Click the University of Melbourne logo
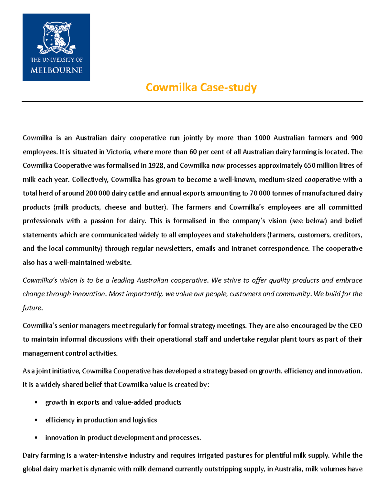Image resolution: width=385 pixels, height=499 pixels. (56, 47)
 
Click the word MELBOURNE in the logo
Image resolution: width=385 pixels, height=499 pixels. (56, 70)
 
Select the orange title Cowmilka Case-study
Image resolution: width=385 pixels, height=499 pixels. (201, 87)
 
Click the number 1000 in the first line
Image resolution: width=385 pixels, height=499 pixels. (262, 138)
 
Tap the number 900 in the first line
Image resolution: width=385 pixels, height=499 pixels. (356, 138)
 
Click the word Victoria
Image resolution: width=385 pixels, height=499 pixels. (118, 152)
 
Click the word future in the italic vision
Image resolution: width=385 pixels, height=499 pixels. (32, 308)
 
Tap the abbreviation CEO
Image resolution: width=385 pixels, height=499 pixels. (355, 326)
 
